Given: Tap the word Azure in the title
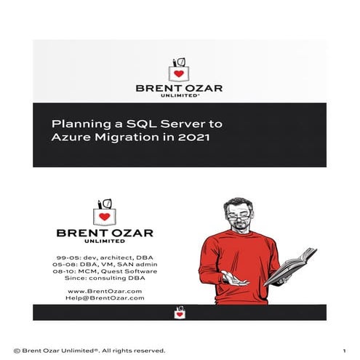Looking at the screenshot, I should pyautogui.click(x=69, y=137).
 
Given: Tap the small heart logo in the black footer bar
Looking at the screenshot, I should pyautogui.click(x=180, y=313).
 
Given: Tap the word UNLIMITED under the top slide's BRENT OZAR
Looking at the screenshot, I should pyautogui.click(x=180, y=96).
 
